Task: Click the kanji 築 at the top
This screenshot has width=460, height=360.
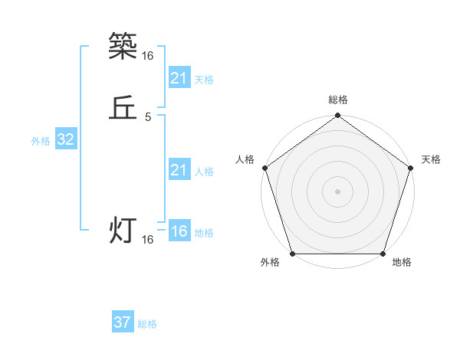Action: click(x=123, y=47)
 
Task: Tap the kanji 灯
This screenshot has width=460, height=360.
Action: click(x=123, y=231)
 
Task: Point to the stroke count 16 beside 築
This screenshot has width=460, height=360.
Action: click(x=148, y=56)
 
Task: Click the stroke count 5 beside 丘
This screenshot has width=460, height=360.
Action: click(x=148, y=117)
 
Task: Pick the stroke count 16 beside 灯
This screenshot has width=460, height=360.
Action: click(x=148, y=240)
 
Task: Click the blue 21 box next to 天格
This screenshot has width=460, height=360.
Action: click(x=179, y=78)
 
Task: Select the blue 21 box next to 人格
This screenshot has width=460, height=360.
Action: click(x=179, y=170)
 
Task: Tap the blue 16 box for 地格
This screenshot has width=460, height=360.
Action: click(x=179, y=231)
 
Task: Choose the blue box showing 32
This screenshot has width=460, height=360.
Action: click(x=66, y=139)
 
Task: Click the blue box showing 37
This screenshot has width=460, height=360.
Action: click(x=123, y=322)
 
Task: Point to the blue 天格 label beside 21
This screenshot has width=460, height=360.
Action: click(x=204, y=80)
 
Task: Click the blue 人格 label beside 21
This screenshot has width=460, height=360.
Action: click(x=204, y=172)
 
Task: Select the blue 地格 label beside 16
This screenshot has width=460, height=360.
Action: click(x=204, y=233)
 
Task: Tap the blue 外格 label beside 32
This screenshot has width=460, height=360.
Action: click(x=41, y=141)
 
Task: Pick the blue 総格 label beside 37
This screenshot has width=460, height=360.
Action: click(x=147, y=324)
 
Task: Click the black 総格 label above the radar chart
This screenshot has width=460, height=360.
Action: click(x=337, y=100)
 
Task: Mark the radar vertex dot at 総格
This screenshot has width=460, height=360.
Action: click(x=337, y=116)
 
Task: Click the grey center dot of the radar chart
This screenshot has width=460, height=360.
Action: click(x=337, y=191)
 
